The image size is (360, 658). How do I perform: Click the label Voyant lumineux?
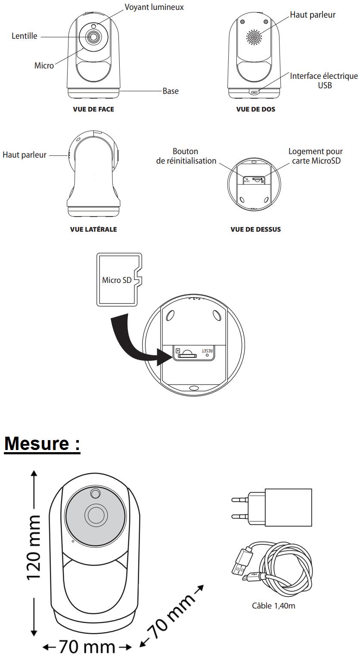pyautogui.click(x=154, y=7)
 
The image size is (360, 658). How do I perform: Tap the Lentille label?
pyautogui.click(x=25, y=37)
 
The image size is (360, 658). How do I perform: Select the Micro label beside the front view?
pyautogui.click(x=44, y=65)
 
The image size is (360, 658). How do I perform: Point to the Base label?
pyautogui.click(x=171, y=91)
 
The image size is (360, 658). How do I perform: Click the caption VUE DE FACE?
pyautogui.click(x=93, y=109)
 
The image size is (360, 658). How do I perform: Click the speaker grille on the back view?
pyautogui.click(x=254, y=37)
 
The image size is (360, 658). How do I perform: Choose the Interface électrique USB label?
pyautogui.click(x=324, y=81)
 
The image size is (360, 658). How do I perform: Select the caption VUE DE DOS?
pyautogui.click(x=256, y=109)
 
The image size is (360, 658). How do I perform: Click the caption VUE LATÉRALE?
pyautogui.click(x=93, y=230)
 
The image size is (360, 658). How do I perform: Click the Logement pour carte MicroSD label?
pyautogui.click(x=316, y=156)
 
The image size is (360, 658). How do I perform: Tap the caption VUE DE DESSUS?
pyautogui.click(x=256, y=230)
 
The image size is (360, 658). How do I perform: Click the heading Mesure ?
pyautogui.click(x=42, y=444)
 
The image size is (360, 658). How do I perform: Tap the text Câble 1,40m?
pyautogui.click(x=273, y=606)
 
